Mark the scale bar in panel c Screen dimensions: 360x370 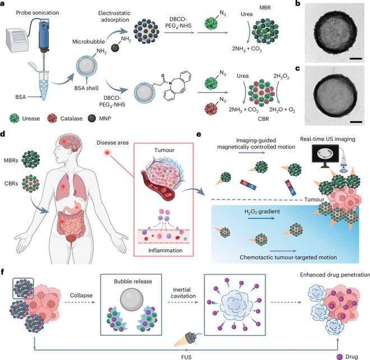pyautogui.click(x=353, y=120)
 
